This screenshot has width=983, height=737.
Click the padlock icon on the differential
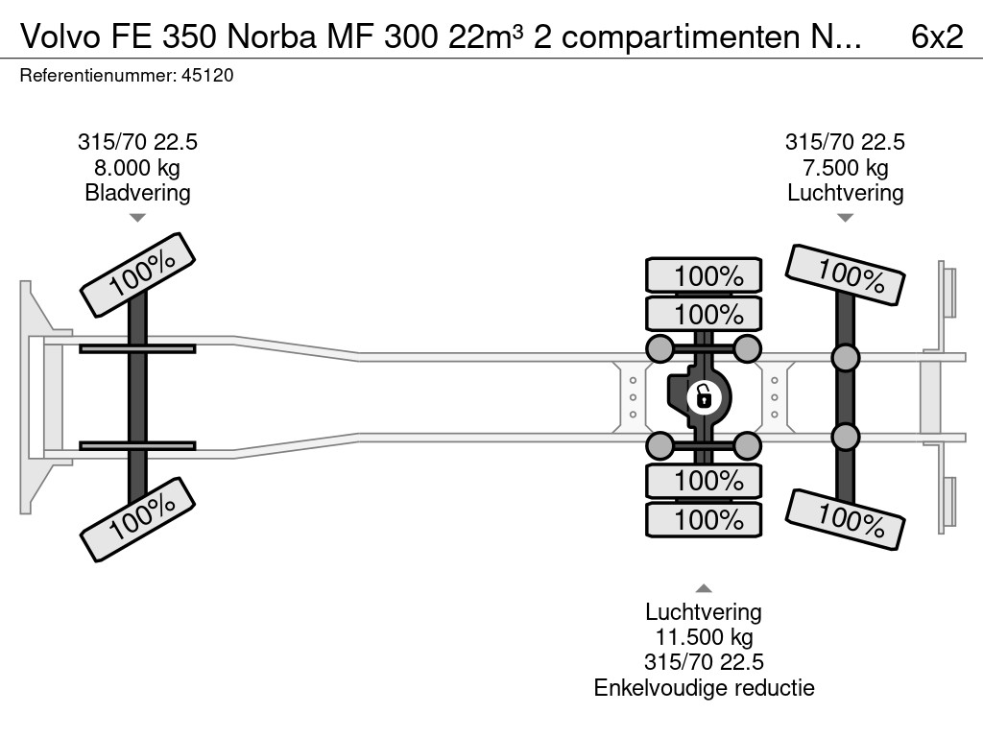(x=704, y=394)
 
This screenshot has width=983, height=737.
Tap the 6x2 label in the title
(x=937, y=36)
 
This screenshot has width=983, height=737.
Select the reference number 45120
(x=207, y=76)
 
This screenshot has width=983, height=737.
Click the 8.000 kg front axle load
(x=137, y=168)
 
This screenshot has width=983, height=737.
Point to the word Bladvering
(x=137, y=193)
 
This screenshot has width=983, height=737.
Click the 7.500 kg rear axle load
(x=845, y=168)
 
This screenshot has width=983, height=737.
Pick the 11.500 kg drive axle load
(x=704, y=637)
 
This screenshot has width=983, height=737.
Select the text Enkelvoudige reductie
(x=704, y=687)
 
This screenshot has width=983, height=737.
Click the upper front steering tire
(x=137, y=274)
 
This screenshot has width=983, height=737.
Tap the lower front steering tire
(x=137, y=519)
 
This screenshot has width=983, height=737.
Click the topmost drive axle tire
(x=704, y=275)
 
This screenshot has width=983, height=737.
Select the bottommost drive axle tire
(x=704, y=520)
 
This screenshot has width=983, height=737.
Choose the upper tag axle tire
(x=845, y=275)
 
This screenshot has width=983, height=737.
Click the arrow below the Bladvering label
(x=137, y=218)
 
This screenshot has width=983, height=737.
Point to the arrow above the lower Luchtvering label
(x=704, y=588)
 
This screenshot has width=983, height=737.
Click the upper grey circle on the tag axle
(x=845, y=359)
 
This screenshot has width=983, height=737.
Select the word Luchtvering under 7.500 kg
(x=845, y=193)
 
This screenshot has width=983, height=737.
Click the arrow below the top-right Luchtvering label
(x=845, y=218)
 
